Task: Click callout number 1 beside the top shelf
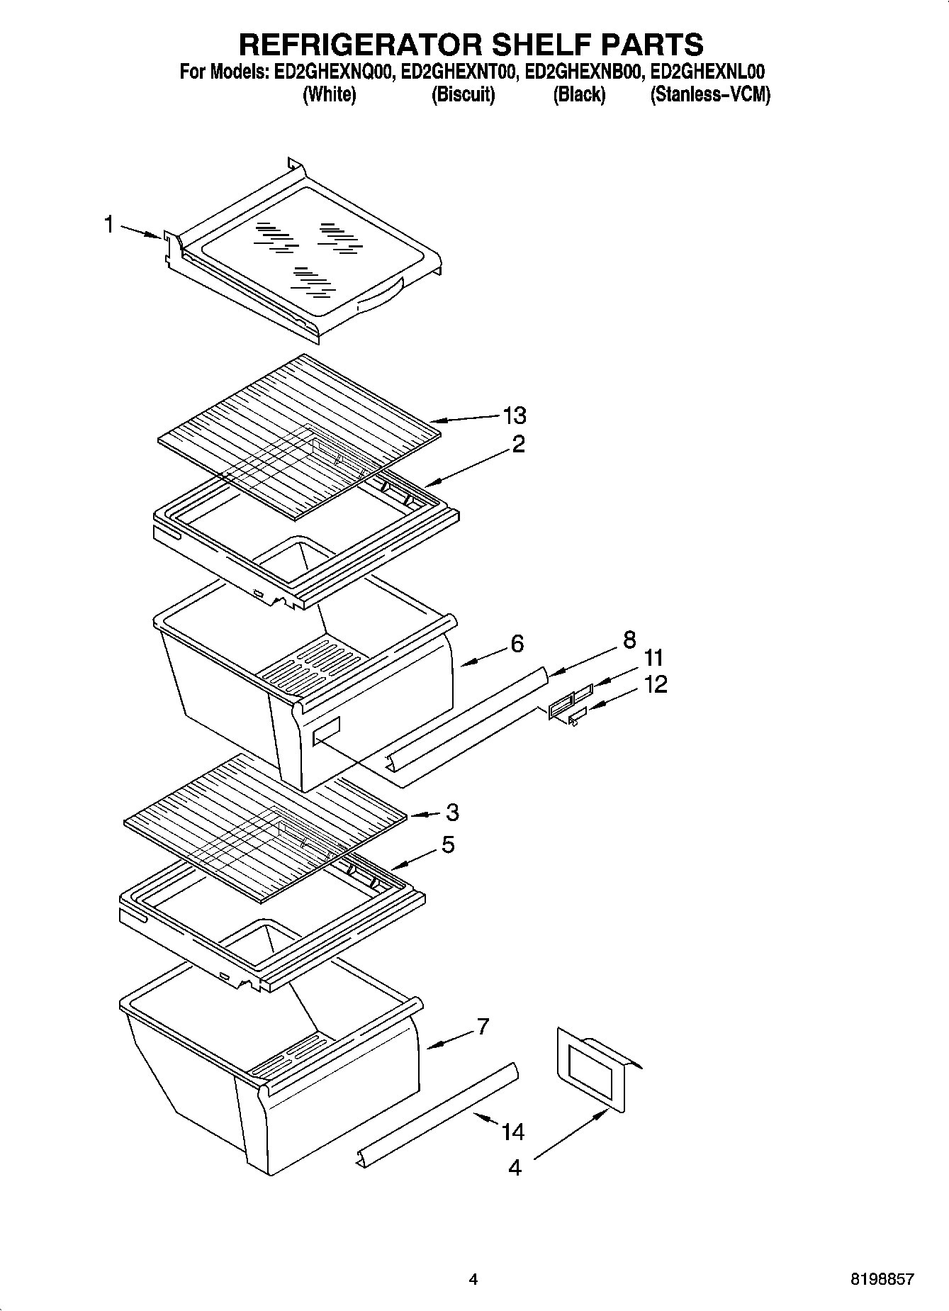pos(108,225)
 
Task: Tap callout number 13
pos(515,415)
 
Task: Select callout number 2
pos(519,445)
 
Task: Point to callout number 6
pos(517,644)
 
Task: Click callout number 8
pos(629,640)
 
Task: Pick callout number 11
pos(653,658)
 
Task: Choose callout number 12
pos(656,685)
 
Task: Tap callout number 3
pos(452,812)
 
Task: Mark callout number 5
pos(448,845)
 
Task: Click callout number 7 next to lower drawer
pos(483,1026)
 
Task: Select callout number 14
pos(513,1132)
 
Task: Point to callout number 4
pos(515,1167)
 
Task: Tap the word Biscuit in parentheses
pos(463,94)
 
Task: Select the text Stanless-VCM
pos(710,94)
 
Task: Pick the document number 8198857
pos(882,1280)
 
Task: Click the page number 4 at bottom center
pos(473,1280)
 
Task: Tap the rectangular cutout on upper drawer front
pos(327,730)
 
